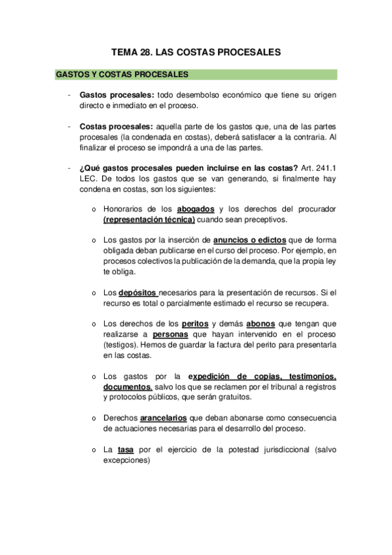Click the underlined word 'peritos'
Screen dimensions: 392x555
pyautogui.click(x=195, y=324)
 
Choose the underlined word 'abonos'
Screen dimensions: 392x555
pyautogui.click(x=260, y=324)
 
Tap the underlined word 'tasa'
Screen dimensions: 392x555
pyautogui.click(x=125, y=450)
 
